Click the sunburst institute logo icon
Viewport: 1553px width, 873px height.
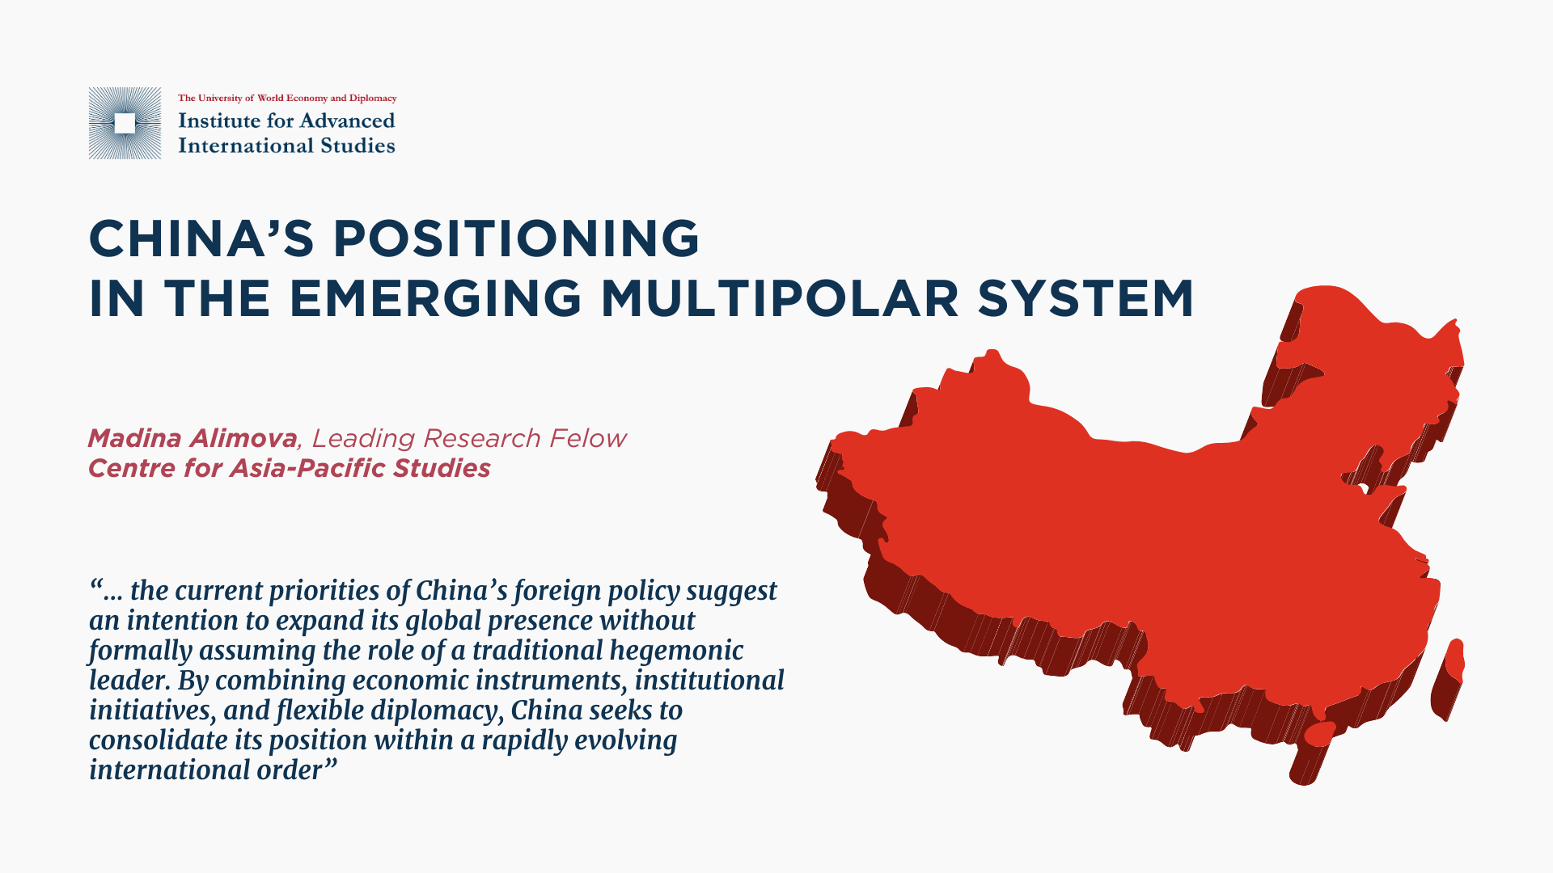(x=125, y=123)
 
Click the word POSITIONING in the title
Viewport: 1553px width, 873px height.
(x=516, y=238)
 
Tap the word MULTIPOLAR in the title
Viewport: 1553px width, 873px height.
(x=779, y=298)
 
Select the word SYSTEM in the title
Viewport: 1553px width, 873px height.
(x=1085, y=298)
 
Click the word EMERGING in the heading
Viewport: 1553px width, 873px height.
(x=435, y=298)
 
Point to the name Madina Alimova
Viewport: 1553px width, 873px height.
(x=193, y=438)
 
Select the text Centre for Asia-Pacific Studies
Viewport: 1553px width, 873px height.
(x=290, y=468)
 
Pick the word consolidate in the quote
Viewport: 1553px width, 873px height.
(x=158, y=740)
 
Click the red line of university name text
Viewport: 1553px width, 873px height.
(x=287, y=98)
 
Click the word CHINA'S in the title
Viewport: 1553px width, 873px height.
(x=201, y=238)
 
